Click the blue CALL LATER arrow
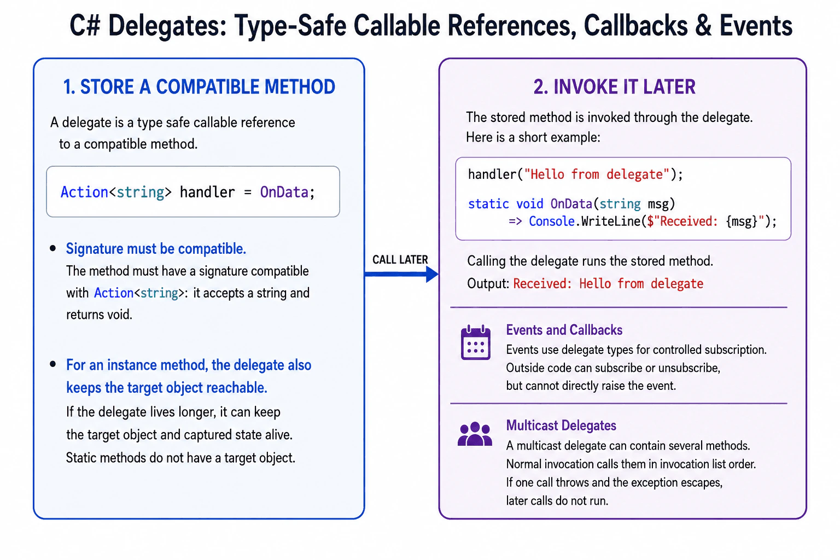401,274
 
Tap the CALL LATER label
400,260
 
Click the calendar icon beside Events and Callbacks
475,342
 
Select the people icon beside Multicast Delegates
475,434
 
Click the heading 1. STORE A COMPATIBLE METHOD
199,86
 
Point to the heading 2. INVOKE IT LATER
614,86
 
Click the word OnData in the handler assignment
284,192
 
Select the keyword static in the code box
488,203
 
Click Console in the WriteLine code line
552,221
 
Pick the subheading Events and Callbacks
564,330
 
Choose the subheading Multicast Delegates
561,425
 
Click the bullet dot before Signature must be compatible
53,248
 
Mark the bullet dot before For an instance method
53,364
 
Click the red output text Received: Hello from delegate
608,284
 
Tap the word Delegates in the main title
168,26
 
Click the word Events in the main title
756,26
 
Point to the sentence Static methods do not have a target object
181,458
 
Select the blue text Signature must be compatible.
156,249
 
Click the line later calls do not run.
557,501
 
